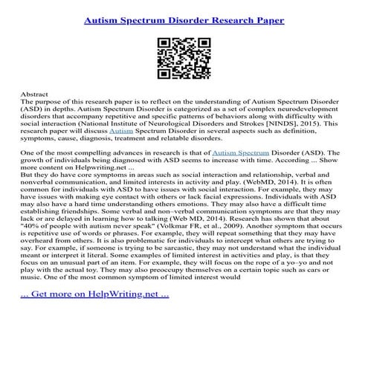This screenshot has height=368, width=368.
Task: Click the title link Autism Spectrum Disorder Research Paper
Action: [x=184, y=19]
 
